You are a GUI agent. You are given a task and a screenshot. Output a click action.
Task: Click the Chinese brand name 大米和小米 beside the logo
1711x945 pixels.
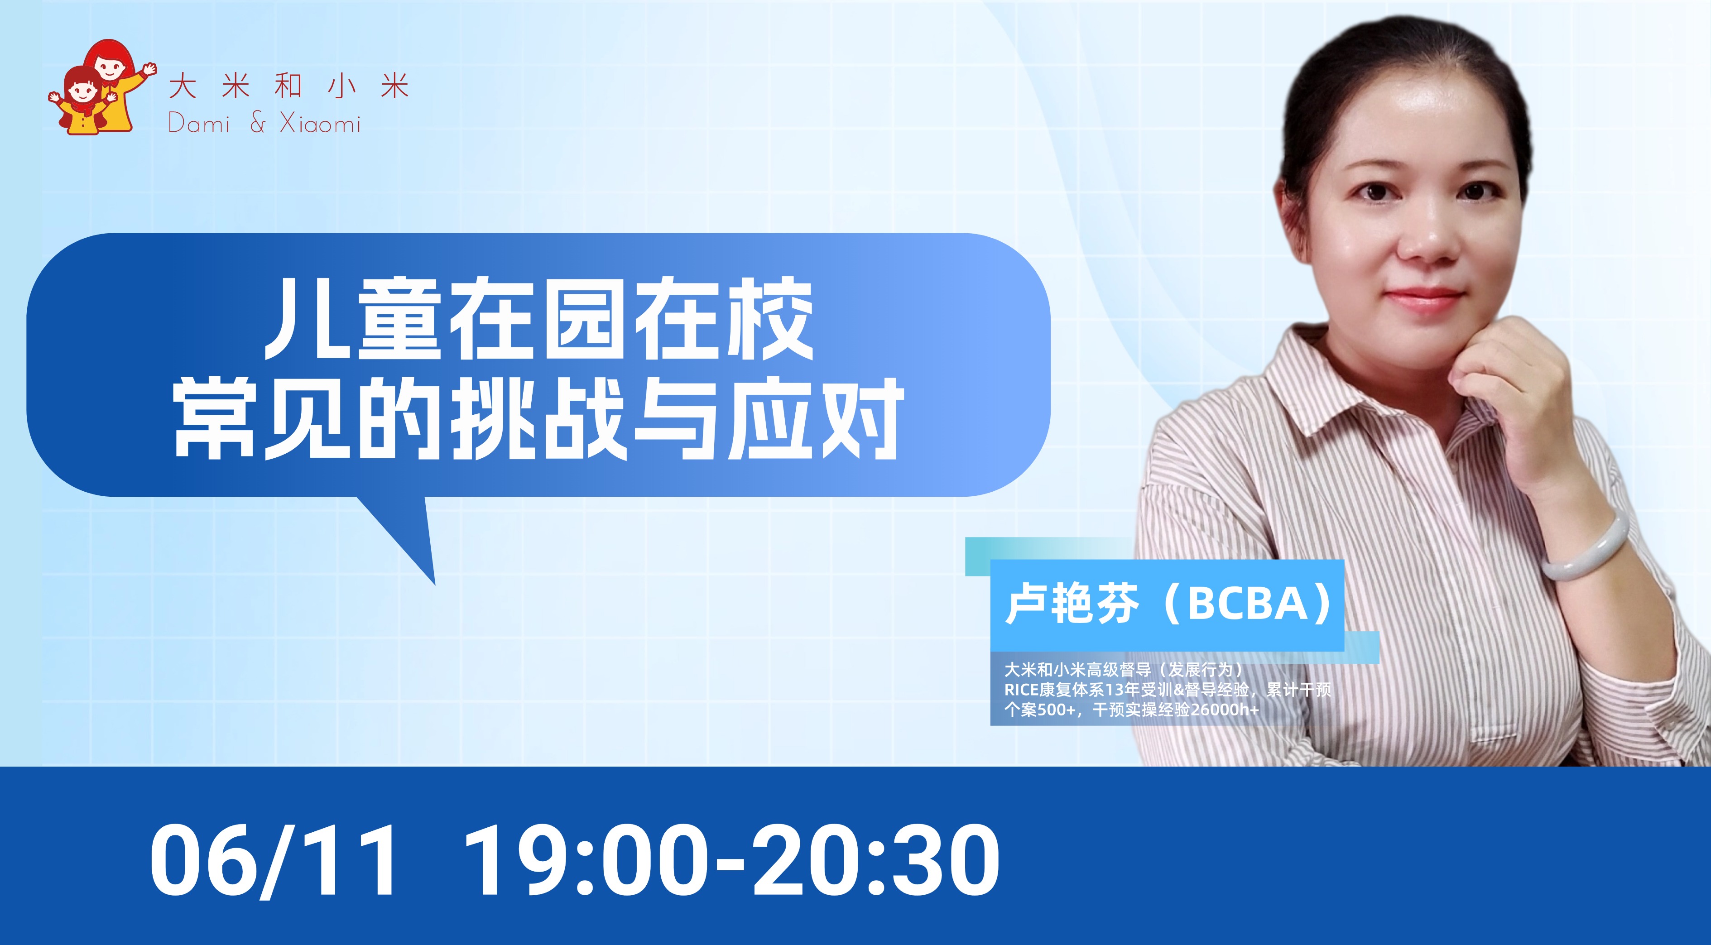pos(288,86)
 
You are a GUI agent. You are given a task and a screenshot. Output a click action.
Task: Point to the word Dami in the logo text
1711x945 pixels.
pos(199,124)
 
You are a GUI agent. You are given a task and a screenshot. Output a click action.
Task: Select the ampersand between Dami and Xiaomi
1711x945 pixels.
pos(258,124)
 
